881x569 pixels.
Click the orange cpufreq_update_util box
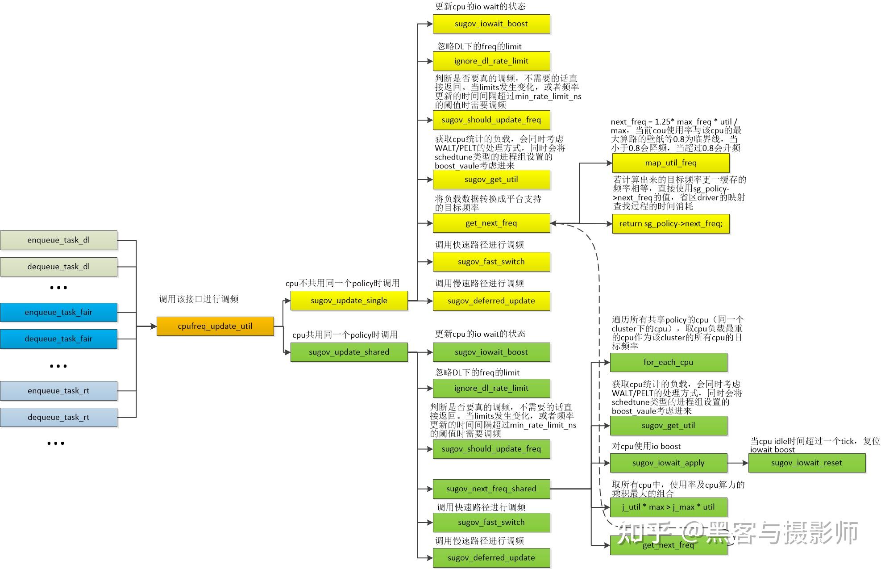(x=215, y=326)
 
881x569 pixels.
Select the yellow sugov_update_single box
(x=349, y=301)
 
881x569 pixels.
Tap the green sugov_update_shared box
(x=349, y=352)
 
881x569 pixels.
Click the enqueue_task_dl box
(x=58, y=240)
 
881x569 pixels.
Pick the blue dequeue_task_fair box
(x=58, y=339)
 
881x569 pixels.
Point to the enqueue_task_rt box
(x=58, y=391)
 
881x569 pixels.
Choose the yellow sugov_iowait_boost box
(x=491, y=24)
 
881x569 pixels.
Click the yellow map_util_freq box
(x=670, y=163)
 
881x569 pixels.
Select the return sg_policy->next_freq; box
(x=670, y=224)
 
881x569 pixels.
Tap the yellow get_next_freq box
(x=491, y=223)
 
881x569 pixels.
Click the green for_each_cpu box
(x=668, y=362)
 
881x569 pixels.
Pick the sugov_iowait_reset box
(x=806, y=463)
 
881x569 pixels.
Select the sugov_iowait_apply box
(x=668, y=463)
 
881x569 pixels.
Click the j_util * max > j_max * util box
(x=668, y=507)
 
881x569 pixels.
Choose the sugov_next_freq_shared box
(x=491, y=489)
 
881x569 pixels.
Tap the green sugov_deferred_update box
(x=491, y=558)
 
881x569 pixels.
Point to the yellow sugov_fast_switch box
(x=491, y=262)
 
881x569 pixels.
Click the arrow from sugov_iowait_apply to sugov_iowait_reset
(x=738, y=463)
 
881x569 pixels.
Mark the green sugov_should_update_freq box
(x=491, y=449)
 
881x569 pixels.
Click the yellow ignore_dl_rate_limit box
(x=491, y=61)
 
